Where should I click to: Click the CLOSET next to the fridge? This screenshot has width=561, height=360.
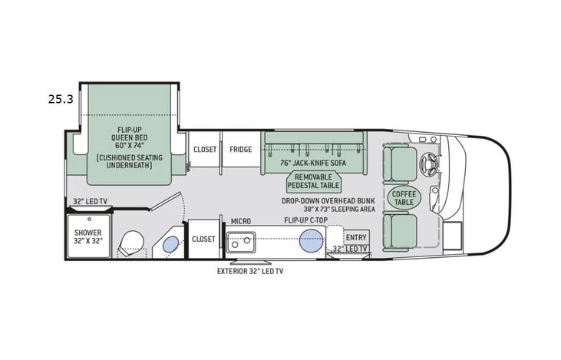coord(204,150)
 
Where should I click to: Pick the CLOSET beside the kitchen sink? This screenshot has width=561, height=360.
coord(203,239)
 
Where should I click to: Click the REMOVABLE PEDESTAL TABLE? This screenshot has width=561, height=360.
coord(314,181)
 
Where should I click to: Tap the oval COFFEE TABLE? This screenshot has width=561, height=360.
coord(404,197)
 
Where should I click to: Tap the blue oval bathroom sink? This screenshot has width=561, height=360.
coord(170,246)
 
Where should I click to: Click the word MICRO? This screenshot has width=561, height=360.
coord(241,221)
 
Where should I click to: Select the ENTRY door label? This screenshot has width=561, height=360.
coord(356,237)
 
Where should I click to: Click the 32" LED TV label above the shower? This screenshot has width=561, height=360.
coord(91,202)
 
